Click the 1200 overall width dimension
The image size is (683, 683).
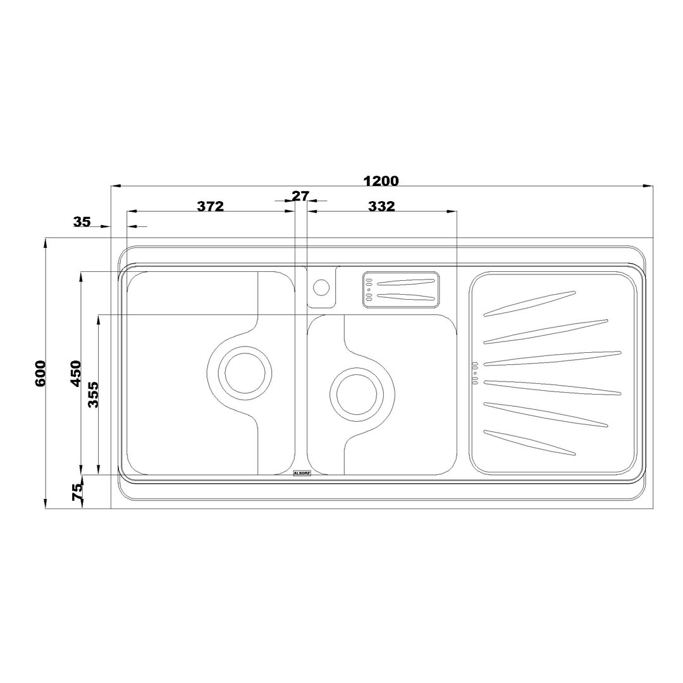pyautogui.click(x=381, y=180)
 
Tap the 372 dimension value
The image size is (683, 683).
pyautogui.click(x=211, y=206)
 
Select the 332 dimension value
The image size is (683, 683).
pyautogui.click(x=381, y=206)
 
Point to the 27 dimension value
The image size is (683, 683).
pyautogui.click(x=300, y=196)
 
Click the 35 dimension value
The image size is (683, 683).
pyautogui.click(x=82, y=222)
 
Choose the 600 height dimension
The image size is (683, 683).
pyautogui.click(x=40, y=373)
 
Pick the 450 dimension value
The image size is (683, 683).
pyautogui.click(x=76, y=373)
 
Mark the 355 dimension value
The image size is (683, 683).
pyautogui.click(x=93, y=395)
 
